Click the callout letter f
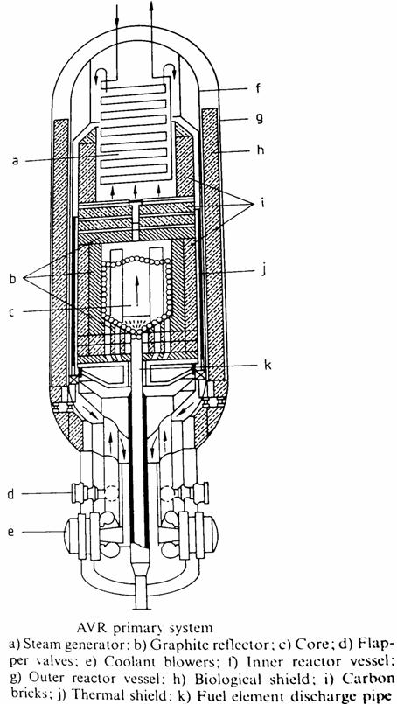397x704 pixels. pos(258,88)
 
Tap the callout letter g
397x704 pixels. pos(258,120)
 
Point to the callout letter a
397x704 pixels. pos(15,160)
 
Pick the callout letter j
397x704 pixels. pos(261,271)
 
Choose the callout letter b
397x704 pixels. pos(12,279)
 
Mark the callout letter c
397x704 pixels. pos(12,312)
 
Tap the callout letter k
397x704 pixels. pos(268,365)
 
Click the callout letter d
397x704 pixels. pos(10,494)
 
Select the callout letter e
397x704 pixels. pos(10,533)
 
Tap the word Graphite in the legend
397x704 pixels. pos(170,645)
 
